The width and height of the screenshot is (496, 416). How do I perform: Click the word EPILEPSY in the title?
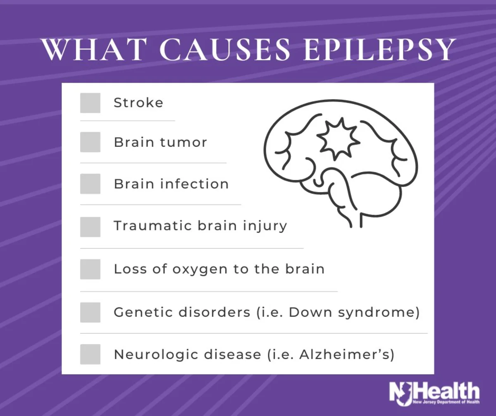pos(379,50)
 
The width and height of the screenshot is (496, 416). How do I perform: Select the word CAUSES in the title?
pos(225,50)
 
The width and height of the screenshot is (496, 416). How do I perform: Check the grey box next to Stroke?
pos(90,103)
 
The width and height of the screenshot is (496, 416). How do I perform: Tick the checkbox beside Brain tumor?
pos(90,142)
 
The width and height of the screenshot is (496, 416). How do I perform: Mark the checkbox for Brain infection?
pos(90,184)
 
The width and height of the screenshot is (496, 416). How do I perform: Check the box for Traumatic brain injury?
pos(90,227)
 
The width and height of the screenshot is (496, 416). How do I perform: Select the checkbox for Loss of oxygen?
pos(90,269)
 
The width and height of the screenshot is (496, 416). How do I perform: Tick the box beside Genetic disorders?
pos(90,312)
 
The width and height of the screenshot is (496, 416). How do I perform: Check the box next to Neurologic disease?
pos(90,354)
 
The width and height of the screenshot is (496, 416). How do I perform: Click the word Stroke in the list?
pos(138,103)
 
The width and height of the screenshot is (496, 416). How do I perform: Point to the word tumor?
pos(184,142)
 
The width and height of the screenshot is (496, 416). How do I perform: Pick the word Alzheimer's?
pos(344,355)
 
